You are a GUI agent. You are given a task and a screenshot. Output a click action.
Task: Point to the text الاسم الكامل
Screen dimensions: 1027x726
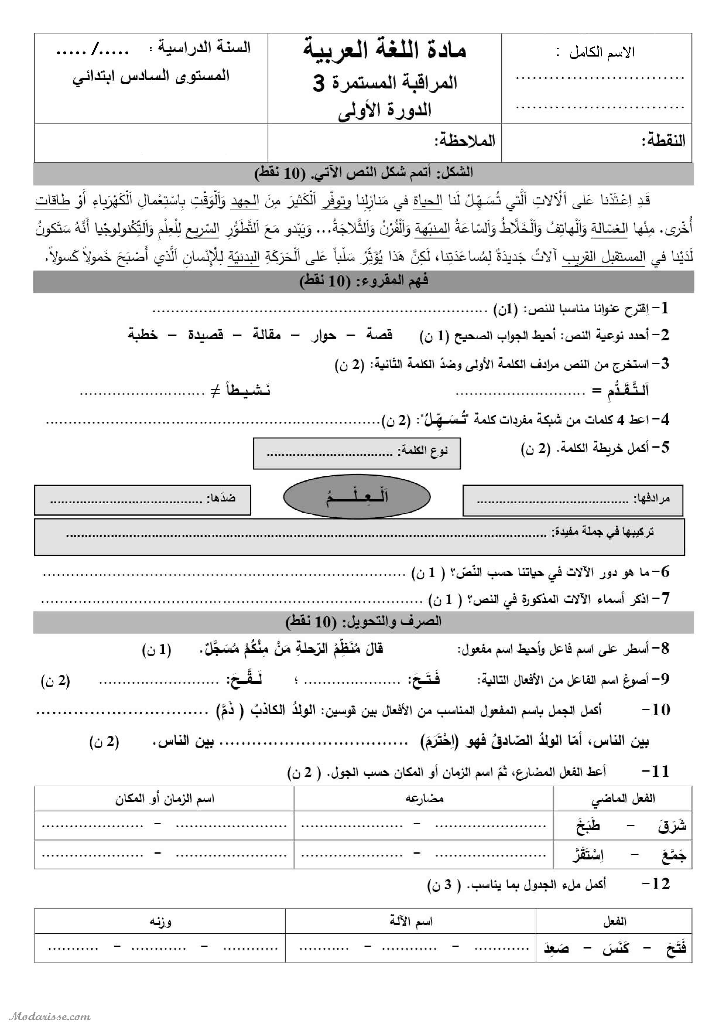coord(602,53)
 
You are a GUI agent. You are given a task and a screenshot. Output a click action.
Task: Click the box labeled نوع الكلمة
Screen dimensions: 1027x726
coord(356,453)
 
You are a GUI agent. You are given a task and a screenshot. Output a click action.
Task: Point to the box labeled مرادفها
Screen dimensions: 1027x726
coord(573,500)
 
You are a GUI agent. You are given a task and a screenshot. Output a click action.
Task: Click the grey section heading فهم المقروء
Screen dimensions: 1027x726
coord(363,281)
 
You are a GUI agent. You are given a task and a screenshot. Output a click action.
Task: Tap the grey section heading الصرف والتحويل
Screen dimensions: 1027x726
coord(363,622)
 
